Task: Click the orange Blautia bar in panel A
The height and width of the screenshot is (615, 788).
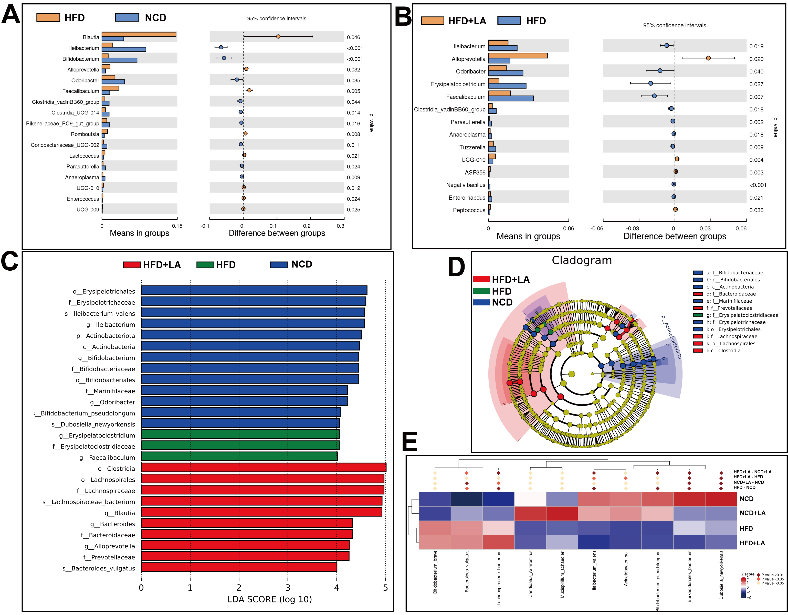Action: click(139, 34)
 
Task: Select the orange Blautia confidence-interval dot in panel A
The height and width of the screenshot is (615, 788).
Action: click(278, 36)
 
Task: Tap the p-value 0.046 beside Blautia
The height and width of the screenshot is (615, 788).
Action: click(353, 37)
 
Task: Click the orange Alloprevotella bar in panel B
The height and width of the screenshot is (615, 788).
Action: click(518, 56)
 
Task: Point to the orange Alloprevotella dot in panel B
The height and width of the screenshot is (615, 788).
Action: click(708, 58)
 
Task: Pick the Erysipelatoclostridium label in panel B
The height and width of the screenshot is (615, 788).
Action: click(458, 84)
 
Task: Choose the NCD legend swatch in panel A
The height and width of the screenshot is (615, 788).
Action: click(127, 17)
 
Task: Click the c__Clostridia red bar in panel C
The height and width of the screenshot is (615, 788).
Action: click(263, 468)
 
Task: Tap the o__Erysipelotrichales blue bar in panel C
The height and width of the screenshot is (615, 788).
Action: click(254, 290)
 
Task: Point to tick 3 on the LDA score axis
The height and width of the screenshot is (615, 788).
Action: click(288, 588)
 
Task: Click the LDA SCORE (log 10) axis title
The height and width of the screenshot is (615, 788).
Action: click(269, 599)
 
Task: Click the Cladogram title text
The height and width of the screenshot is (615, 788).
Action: click(582, 260)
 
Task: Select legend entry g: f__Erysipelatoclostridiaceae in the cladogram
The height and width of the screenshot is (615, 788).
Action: click(742, 315)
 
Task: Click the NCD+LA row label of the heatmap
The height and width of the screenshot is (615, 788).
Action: click(752, 513)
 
